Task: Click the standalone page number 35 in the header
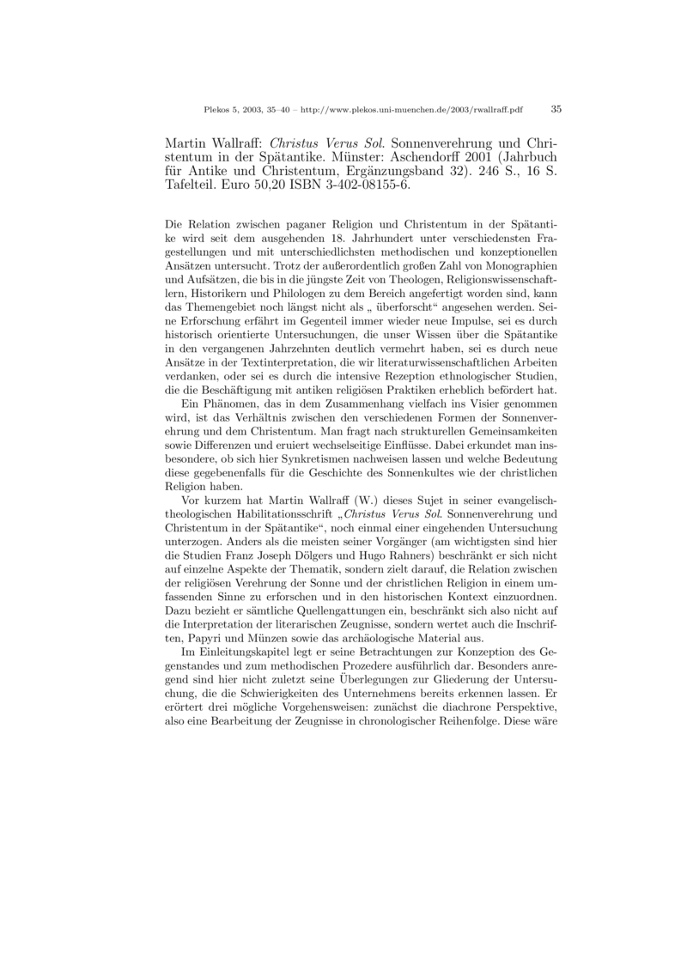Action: coord(556,109)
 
